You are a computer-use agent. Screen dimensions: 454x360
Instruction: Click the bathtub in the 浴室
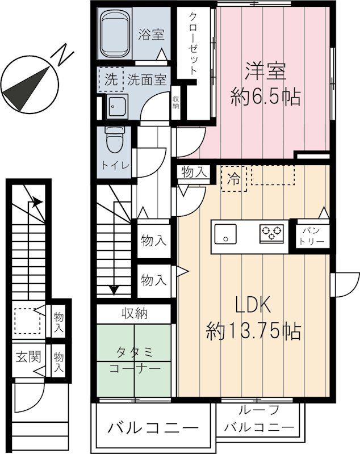[116, 35]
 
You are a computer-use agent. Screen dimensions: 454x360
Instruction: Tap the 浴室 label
[151, 35]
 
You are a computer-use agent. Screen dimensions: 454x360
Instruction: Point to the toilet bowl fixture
[115, 139]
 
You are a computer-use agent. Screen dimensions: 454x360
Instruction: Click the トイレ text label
[115, 165]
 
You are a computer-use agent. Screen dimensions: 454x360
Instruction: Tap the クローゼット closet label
[194, 43]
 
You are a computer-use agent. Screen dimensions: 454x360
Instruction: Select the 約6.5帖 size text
[265, 98]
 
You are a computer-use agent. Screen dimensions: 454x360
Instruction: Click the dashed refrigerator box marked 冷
[233, 177]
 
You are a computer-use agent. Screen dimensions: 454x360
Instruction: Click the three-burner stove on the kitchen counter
[270, 233]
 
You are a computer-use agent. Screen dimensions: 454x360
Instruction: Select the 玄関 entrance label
[27, 357]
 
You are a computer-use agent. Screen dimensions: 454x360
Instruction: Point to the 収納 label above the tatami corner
[134, 313]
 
